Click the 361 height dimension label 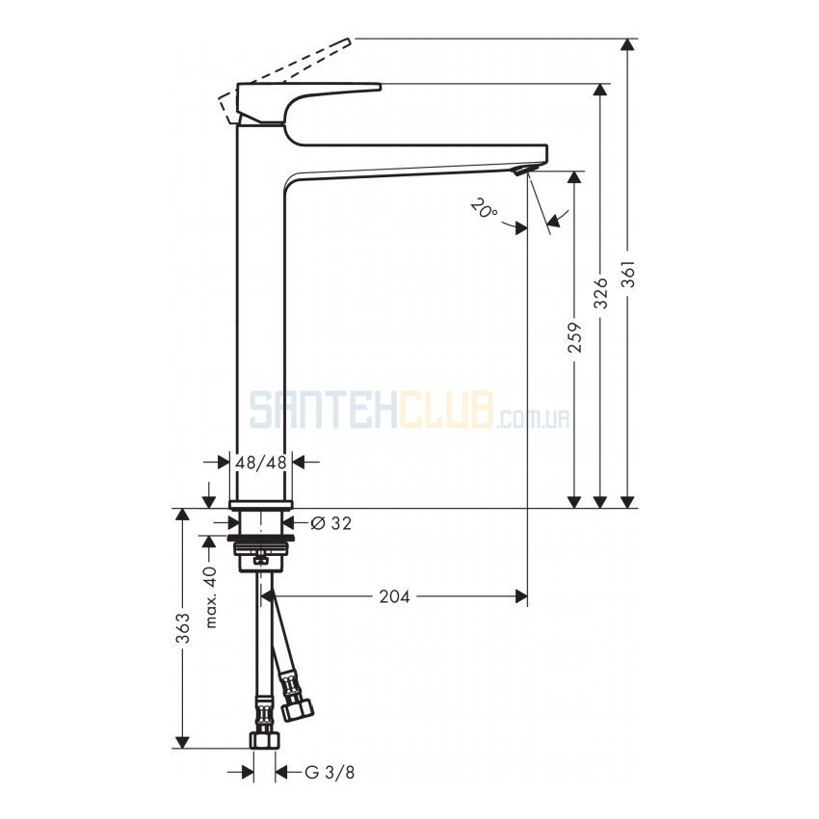(630, 274)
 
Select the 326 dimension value (601, 293)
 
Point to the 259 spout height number (575, 337)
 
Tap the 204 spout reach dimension (394, 596)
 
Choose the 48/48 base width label (261, 462)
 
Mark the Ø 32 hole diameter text (331, 522)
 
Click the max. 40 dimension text (210, 597)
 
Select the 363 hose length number (182, 628)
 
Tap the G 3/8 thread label (330, 772)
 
